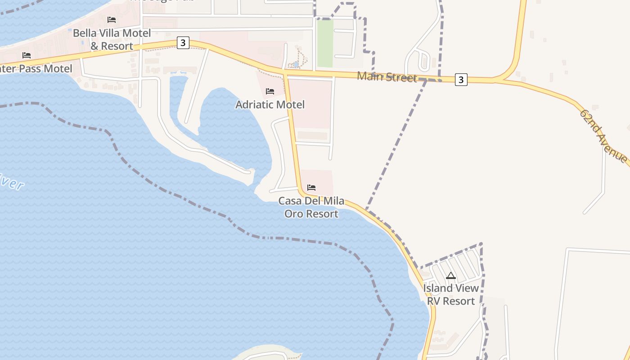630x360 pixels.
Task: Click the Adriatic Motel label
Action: click(x=270, y=104)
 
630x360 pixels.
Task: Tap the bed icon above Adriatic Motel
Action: click(x=270, y=91)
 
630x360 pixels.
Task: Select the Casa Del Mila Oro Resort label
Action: click(x=311, y=207)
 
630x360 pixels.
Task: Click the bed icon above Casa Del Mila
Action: click(x=311, y=187)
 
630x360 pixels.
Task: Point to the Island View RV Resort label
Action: click(x=451, y=294)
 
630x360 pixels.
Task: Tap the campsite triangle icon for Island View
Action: click(x=451, y=275)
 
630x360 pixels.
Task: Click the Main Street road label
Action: click(x=387, y=76)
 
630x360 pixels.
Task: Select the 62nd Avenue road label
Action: click(x=603, y=136)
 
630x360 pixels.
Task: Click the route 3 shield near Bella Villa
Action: click(x=183, y=43)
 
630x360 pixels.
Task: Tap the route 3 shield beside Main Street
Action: click(x=461, y=80)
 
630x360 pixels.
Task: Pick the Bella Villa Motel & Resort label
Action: click(x=112, y=39)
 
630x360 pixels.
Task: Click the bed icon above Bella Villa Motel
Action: click(x=112, y=20)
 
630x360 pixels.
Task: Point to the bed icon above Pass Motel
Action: click(x=27, y=55)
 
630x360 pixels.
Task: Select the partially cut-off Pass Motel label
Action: click(x=36, y=69)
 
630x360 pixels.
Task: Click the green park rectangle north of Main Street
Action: click(x=325, y=43)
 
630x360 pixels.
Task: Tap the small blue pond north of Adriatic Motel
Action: click(x=296, y=64)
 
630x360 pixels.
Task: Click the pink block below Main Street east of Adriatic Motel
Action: click(x=310, y=103)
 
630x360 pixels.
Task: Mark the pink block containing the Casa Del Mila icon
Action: click(x=317, y=182)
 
